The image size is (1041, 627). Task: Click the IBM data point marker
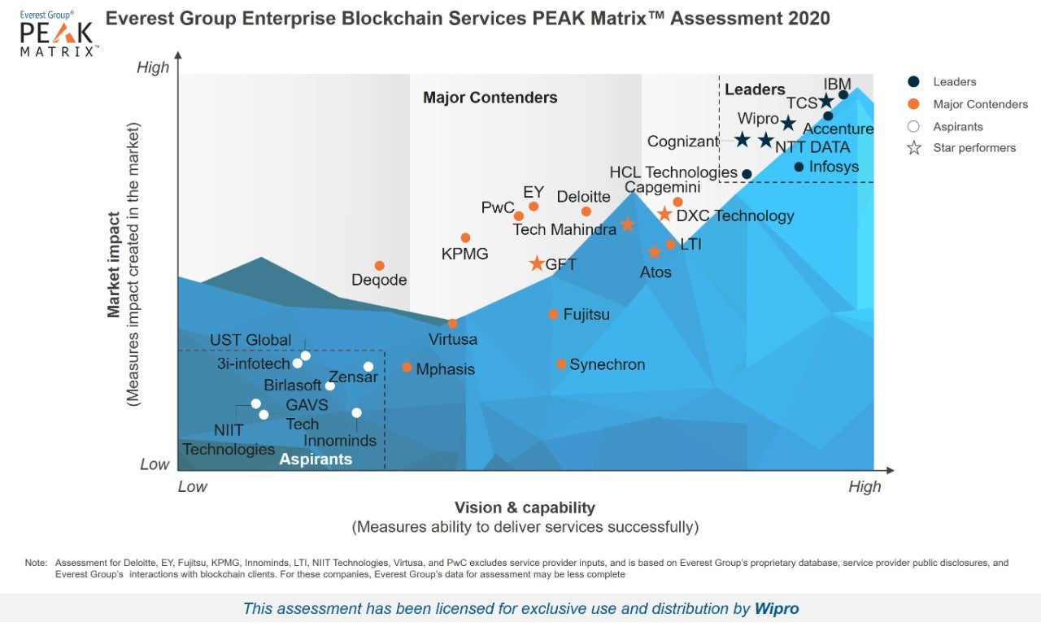pyautogui.click(x=843, y=95)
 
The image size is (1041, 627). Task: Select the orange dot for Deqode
pyautogui.click(x=379, y=266)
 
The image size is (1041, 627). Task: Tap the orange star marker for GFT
pyautogui.click(x=537, y=263)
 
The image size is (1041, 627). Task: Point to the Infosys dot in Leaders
pyautogui.click(x=799, y=167)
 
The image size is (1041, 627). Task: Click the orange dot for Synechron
pyautogui.click(x=561, y=364)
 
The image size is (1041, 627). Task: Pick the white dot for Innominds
pyautogui.click(x=356, y=413)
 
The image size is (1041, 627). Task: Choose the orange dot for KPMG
pyautogui.click(x=465, y=237)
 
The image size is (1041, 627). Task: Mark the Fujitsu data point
pyautogui.click(x=553, y=314)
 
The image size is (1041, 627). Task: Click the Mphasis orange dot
pyautogui.click(x=407, y=367)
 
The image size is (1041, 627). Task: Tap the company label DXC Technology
pyautogui.click(x=735, y=216)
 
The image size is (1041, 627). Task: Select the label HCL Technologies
pyautogui.click(x=673, y=172)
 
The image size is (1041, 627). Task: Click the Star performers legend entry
pyautogui.click(x=963, y=148)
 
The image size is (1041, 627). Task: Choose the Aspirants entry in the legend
pyautogui.click(x=957, y=126)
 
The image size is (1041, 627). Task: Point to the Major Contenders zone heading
pyautogui.click(x=490, y=98)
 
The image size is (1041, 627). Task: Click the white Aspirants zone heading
pyautogui.click(x=316, y=459)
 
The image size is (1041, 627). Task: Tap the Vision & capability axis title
pyautogui.click(x=525, y=507)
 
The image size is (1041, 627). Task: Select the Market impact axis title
pyautogui.click(x=115, y=264)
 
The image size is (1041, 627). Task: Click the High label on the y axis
pyautogui.click(x=153, y=67)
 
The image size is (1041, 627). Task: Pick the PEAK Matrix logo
pyautogui.click(x=58, y=33)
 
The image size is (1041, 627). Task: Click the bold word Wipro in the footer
pyautogui.click(x=776, y=608)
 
